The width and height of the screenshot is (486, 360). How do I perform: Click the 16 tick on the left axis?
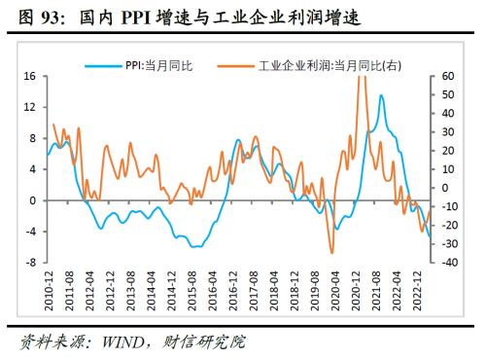tap(29, 76)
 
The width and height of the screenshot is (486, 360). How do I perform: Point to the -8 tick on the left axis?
tap(29, 263)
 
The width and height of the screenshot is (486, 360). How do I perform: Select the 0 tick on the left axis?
tap(31, 200)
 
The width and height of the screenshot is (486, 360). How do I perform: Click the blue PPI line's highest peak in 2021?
tap(381, 95)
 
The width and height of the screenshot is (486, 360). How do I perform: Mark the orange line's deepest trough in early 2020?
tap(331, 252)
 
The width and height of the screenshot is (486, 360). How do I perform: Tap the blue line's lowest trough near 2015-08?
tap(196, 247)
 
